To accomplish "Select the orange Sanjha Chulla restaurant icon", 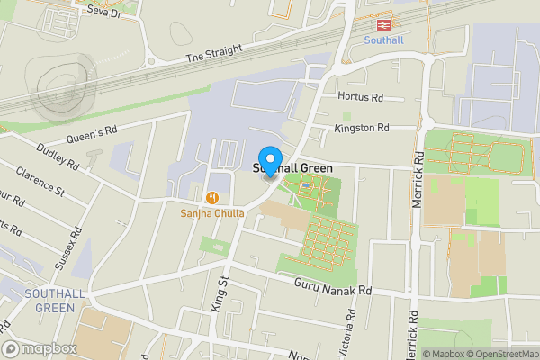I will tap(212, 197).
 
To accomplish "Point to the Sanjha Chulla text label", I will tap(212, 212).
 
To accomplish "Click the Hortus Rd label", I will tap(360, 96).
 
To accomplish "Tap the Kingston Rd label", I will tap(361, 128).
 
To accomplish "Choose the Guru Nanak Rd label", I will tap(333, 287).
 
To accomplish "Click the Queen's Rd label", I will tap(92, 135).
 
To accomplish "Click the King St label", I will tap(218, 294).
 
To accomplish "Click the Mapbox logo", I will tap(38, 348).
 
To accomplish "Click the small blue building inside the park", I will tap(308, 186).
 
